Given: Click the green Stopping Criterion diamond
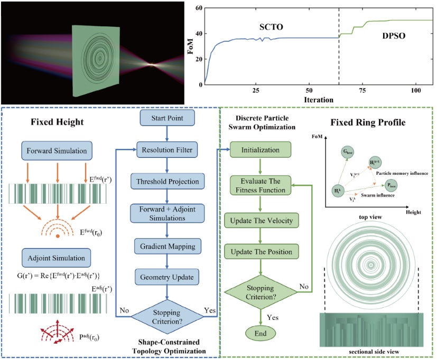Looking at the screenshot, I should click(x=259, y=291).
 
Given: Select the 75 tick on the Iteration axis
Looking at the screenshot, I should click(x=363, y=91).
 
